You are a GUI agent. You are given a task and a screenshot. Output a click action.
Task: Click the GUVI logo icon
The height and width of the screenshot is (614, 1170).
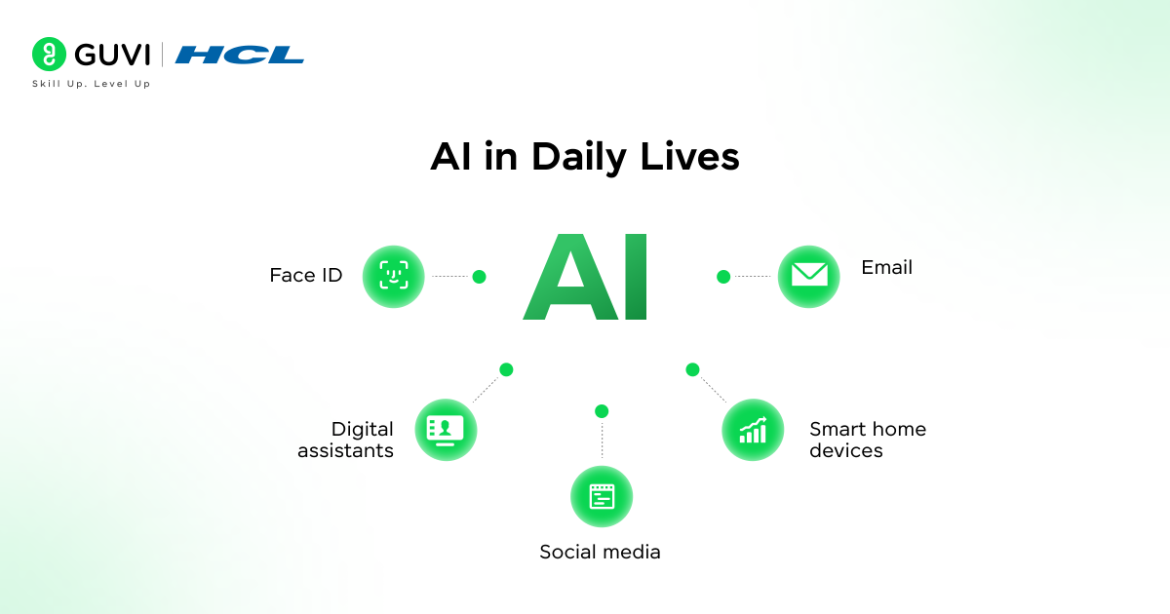pos(49,55)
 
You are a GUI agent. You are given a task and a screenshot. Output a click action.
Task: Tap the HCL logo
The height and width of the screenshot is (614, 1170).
pos(240,56)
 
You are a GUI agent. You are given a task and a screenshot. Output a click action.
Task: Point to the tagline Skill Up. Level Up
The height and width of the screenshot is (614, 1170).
pos(92,84)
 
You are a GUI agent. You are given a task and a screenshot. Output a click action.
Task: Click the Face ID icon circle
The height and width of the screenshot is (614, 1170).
pos(394,277)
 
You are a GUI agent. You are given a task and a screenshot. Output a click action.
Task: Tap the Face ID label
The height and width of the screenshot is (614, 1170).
pos(306,276)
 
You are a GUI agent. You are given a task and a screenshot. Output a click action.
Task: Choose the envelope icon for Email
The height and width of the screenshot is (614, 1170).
pos(808,277)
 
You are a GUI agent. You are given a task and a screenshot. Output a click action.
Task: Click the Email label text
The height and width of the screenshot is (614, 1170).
pos(886,267)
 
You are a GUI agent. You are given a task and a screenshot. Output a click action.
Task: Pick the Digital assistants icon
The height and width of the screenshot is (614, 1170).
pos(446,430)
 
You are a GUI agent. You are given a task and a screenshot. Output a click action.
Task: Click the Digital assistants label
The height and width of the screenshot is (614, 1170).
pos(347,440)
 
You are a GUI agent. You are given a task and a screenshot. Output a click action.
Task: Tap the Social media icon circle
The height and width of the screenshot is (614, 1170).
pos(602,497)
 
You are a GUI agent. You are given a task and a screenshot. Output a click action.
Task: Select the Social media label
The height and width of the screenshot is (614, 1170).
pos(600,553)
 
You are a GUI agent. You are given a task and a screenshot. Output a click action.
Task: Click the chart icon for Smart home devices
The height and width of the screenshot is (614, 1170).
pos(753,430)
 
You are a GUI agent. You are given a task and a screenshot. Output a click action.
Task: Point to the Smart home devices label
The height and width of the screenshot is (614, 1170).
pos(867,440)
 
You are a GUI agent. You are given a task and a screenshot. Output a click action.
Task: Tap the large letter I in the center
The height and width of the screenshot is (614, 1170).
pos(635,277)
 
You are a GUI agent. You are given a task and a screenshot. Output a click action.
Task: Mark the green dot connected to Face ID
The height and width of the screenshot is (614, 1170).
pos(479,277)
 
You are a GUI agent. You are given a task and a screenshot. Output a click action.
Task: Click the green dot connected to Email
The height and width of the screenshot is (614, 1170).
pos(723,277)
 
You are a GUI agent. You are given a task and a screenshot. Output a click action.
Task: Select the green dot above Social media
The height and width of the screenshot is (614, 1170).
pos(602,411)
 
